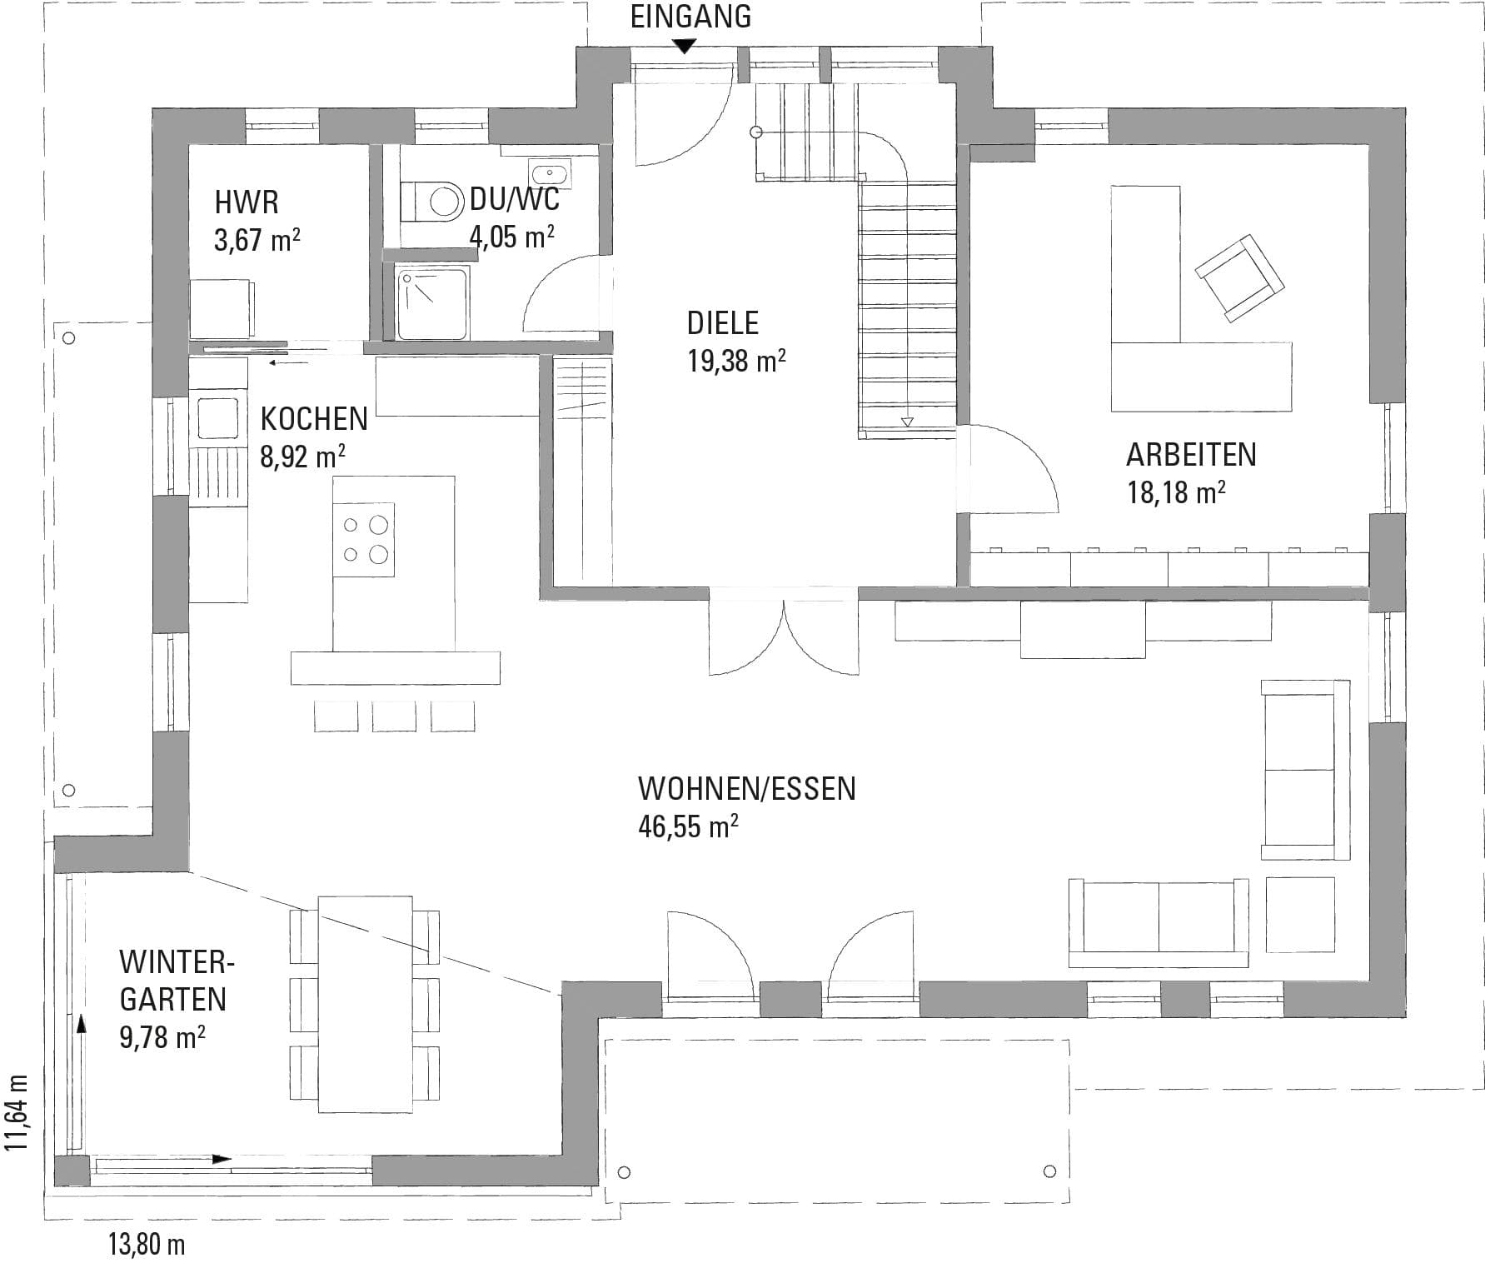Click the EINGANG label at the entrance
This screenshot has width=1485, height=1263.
[690, 17]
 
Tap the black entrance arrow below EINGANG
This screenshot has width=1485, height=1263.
[684, 47]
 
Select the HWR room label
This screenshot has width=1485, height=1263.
[247, 202]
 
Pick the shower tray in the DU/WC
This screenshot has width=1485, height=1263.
[433, 302]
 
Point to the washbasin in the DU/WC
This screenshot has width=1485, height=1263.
[551, 173]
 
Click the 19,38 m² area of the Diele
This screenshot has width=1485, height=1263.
[736, 361]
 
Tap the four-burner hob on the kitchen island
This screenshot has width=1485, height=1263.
[364, 539]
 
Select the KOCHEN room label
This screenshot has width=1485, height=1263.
[314, 418]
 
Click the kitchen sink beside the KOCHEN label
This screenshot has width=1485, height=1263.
[218, 417]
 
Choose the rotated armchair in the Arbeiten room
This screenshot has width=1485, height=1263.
[1239, 277]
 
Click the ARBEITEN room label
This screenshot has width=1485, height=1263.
[1191, 455]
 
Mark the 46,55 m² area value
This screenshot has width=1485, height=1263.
[688, 826]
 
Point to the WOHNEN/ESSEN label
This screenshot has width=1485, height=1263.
[746, 788]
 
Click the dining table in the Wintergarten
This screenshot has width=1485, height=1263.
[366, 1004]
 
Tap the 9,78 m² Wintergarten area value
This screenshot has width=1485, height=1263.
[162, 1037]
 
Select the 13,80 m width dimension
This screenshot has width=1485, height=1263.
[147, 1245]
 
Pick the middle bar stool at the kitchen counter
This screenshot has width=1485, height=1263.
[394, 716]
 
